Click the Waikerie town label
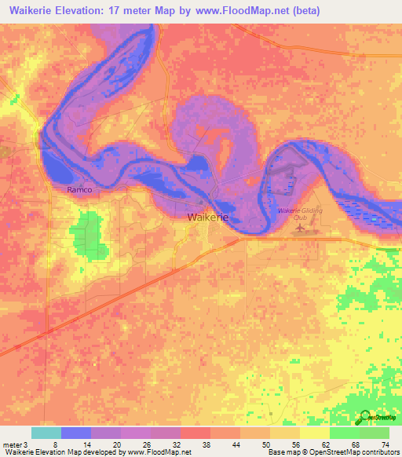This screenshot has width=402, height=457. click(x=207, y=219)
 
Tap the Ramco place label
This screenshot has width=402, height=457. click(x=79, y=191)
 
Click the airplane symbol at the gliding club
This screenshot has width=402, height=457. click(x=298, y=228)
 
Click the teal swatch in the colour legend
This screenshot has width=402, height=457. click(x=46, y=433)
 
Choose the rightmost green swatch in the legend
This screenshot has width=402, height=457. click(x=375, y=433)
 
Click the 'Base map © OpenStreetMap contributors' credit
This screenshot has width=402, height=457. click(x=334, y=452)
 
